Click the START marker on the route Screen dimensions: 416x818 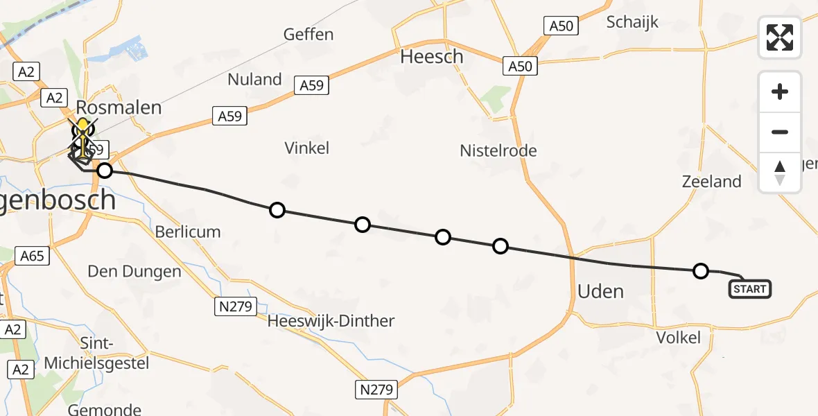[749, 289]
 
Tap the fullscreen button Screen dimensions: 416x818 [780, 37]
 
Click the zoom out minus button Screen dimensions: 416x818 [780, 132]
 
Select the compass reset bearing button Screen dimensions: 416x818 [780, 173]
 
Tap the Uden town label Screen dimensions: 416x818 [600, 291]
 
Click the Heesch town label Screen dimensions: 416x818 [432, 57]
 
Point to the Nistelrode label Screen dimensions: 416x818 [498, 150]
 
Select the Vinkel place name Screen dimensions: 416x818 [307, 148]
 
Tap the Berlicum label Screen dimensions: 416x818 [187, 232]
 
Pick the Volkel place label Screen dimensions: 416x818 [679, 338]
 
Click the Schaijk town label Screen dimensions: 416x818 [633, 21]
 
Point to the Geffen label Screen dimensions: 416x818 [308, 34]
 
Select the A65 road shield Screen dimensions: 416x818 [32, 257]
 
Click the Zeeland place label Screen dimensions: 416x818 [711, 182]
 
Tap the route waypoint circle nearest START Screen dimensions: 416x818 [701, 270]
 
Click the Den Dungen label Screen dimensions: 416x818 [134, 271]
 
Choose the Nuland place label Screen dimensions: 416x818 [254, 79]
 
